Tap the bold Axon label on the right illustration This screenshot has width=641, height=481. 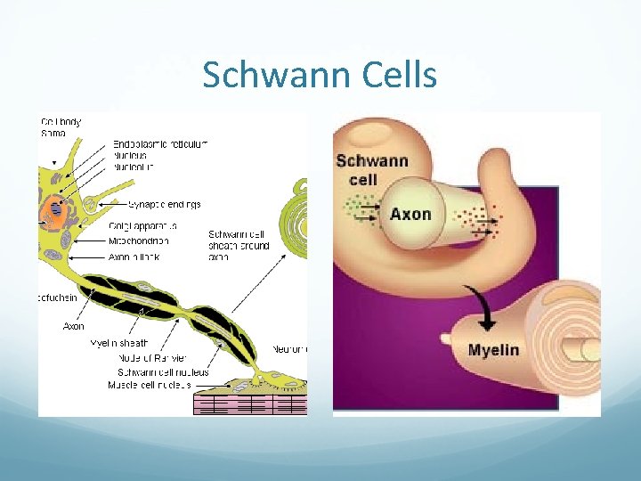point(410,214)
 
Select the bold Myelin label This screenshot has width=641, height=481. point(493,349)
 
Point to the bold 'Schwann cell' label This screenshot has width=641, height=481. point(372,170)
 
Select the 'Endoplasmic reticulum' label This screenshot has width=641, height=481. point(160,143)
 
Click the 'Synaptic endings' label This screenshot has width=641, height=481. point(164,204)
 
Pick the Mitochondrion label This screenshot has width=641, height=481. point(142,240)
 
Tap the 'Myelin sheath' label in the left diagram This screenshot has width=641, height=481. point(119,343)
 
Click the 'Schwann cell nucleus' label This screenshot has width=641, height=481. point(155,371)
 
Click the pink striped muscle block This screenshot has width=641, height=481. point(249,404)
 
